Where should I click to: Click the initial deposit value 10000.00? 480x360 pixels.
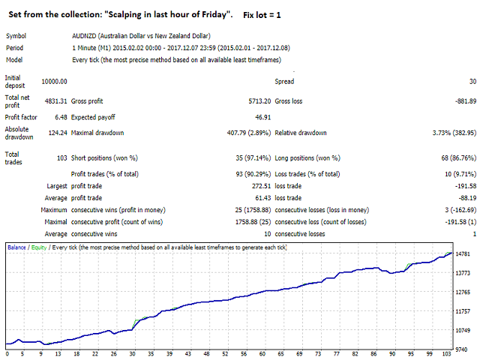(53, 81)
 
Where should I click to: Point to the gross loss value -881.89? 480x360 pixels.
(460, 100)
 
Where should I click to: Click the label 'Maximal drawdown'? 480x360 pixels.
(98, 133)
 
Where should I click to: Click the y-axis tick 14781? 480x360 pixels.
(463, 254)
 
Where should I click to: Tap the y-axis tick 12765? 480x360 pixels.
(463, 292)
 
